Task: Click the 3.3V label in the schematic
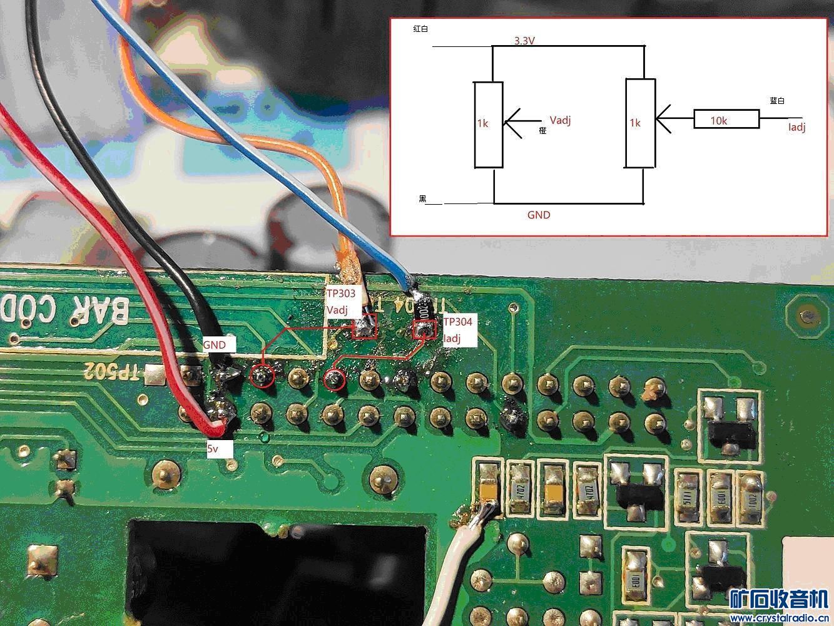[x=524, y=41]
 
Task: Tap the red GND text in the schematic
[x=539, y=215]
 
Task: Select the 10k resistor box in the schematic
[x=726, y=120]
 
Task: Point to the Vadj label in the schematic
[x=560, y=120]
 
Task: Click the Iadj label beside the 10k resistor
[x=796, y=127]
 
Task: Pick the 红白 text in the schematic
[x=420, y=29]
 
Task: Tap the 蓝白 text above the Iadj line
[x=777, y=101]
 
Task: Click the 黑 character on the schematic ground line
[x=422, y=199]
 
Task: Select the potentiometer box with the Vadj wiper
[x=488, y=125]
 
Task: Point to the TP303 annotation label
[x=341, y=293]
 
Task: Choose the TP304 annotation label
[x=458, y=322]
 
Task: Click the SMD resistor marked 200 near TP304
[x=424, y=311]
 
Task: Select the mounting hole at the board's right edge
[x=810, y=317]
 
